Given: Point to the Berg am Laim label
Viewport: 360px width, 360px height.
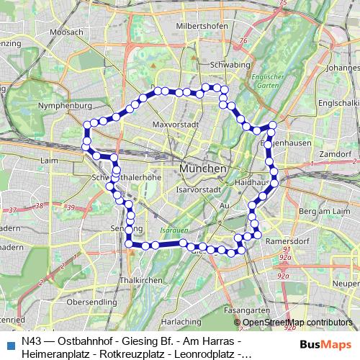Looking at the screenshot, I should pos(323,211).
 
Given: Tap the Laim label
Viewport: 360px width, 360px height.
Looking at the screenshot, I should pos(50,161).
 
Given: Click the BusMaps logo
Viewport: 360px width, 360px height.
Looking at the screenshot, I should pos(326,344).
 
